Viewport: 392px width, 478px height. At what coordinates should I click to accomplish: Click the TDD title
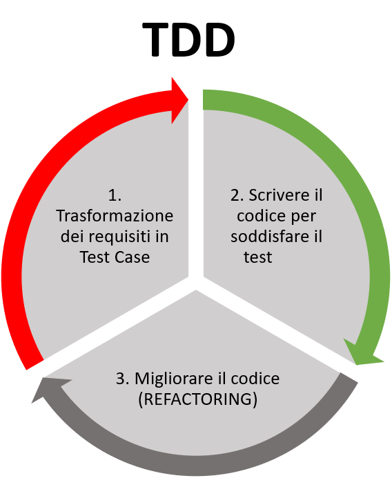click(x=189, y=40)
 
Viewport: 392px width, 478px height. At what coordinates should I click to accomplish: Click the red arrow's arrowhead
click(x=179, y=101)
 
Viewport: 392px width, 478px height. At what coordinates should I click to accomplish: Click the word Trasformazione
click(x=115, y=216)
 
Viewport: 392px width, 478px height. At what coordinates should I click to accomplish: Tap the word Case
click(x=133, y=257)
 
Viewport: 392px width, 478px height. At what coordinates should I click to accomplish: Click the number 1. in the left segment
click(x=115, y=195)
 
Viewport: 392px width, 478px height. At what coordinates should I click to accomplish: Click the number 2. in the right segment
click(x=237, y=195)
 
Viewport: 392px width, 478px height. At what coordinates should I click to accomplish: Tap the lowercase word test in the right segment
click(x=258, y=257)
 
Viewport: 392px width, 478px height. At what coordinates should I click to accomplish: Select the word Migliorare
click(x=174, y=379)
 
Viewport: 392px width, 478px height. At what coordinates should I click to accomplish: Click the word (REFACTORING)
click(x=197, y=399)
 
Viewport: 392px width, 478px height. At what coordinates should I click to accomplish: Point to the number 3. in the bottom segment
click(x=123, y=379)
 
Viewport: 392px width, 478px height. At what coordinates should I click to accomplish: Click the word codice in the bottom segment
click(x=255, y=379)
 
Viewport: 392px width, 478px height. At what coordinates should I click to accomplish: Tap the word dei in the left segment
click(x=72, y=237)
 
